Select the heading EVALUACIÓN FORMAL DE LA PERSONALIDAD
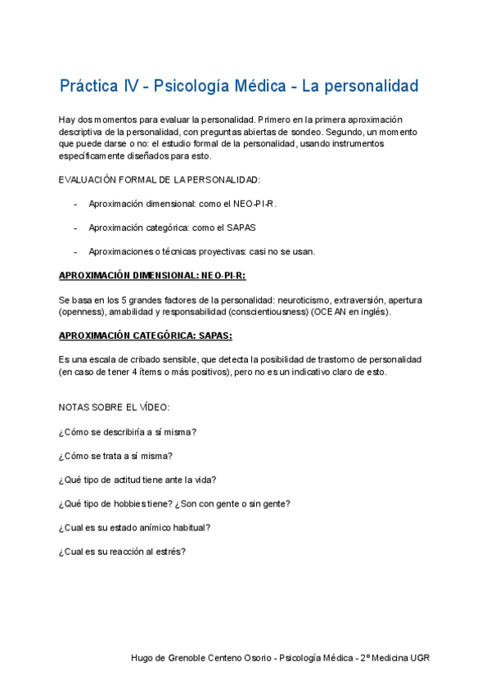point(160,179)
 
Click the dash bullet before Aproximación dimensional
point(76,203)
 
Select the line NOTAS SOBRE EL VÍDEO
point(114,407)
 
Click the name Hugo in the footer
point(142,658)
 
